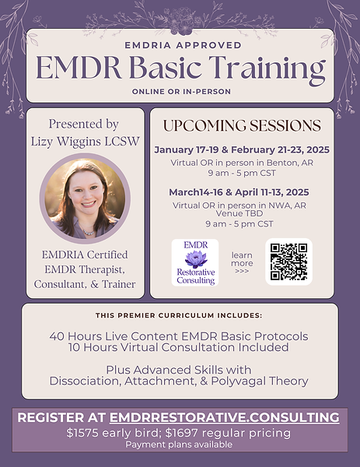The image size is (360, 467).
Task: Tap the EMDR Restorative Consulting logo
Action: pyautogui.click(x=195, y=262)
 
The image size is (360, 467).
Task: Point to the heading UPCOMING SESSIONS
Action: pyautogui.click(x=242, y=125)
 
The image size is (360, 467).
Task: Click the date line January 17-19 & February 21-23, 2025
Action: pyautogui.click(x=242, y=149)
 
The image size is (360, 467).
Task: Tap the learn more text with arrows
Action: pyautogui.click(x=242, y=262)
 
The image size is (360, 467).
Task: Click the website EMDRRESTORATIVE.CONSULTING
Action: pyautogui.click(x=224, y=417)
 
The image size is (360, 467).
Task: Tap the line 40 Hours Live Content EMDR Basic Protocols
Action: pyautogui.click(x=180, y=336)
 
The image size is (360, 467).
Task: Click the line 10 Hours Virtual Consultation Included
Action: pyautogui.click(x=180, y=348)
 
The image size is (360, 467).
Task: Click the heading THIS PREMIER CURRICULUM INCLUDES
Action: pyautogui.click(x=179, y=315)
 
